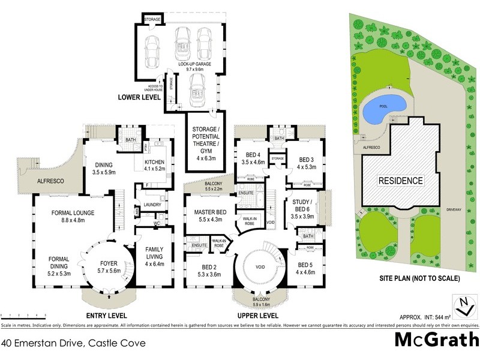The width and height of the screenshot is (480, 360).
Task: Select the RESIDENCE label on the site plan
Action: pyautogui.click(x=401, y=180)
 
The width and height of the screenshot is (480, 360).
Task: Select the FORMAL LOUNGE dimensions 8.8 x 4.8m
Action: pyautogui.click(x=71, y=220)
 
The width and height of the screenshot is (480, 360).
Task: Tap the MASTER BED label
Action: pyautogui.click(x=206, y=212)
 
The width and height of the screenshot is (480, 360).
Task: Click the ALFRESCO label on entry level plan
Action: pyautogui.click(x=51, y=179)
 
